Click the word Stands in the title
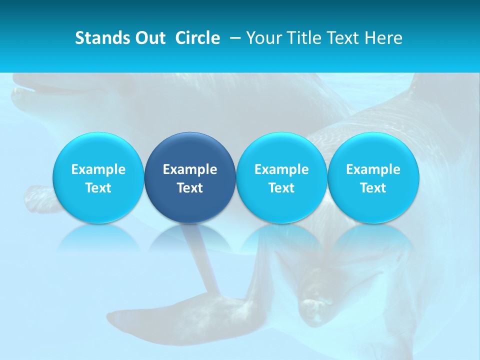click(98, 38)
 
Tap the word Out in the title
click(148, 38)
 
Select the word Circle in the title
click(197, 38)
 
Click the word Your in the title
click(262, 38)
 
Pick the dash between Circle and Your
click(234, 38)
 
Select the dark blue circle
click(190, 178)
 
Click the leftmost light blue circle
click(98, 178)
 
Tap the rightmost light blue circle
click(373, 178)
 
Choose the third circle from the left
click(281, 178)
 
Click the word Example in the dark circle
click(190, 169)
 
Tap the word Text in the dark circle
click(190, 188)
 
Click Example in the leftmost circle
click(98, 169)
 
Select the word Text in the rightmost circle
click(373, 188)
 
